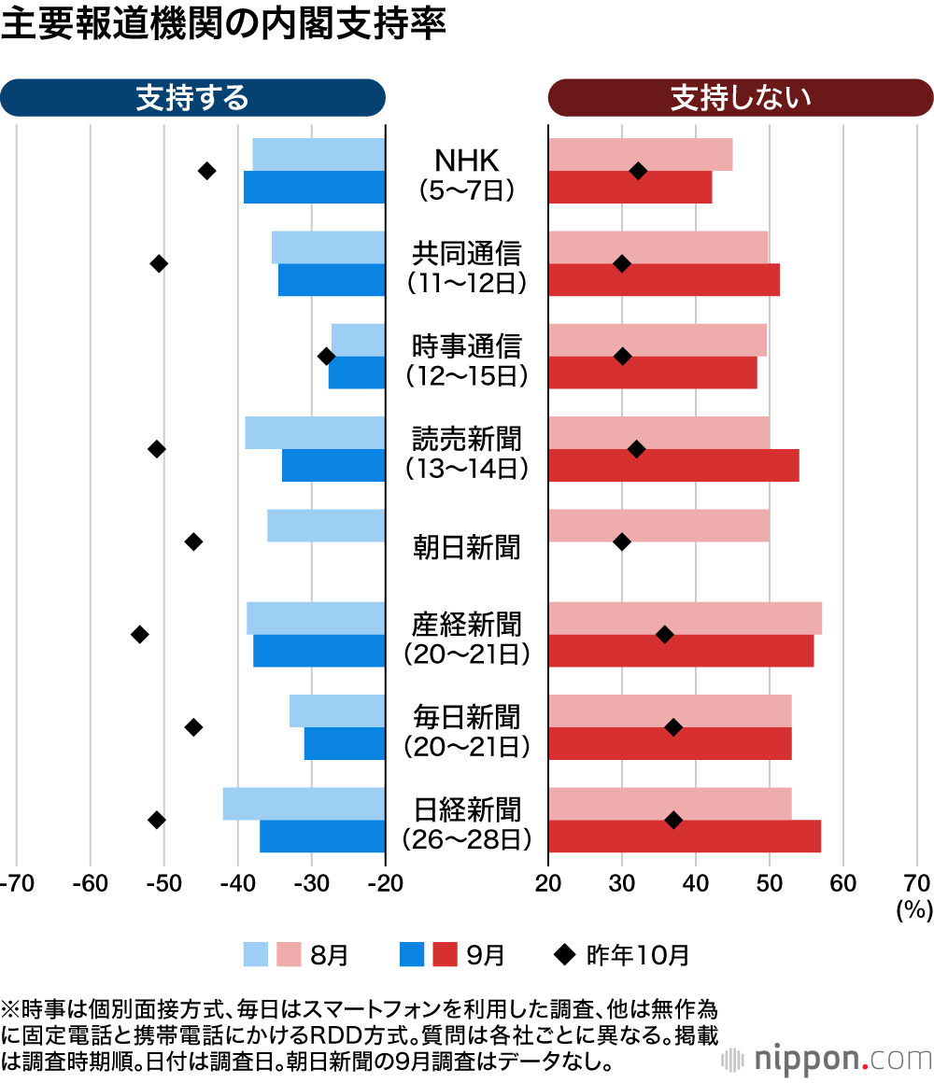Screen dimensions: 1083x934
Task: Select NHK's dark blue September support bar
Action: coord(314,188)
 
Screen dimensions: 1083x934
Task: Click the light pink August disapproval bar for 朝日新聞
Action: coord(658,526)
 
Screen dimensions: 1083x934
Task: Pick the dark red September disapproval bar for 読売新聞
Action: coord(672,466)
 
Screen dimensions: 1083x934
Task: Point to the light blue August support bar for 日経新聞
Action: coord(304,804)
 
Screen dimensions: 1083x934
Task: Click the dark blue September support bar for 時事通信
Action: coord(357,373)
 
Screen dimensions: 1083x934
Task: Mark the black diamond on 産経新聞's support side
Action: coord(140,635)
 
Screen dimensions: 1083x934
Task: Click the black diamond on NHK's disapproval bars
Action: coord(638,171)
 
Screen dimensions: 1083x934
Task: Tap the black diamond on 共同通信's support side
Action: coord(159,264)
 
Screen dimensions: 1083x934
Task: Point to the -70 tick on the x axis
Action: coord(16,883)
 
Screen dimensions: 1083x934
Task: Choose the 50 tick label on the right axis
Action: coord(770,883)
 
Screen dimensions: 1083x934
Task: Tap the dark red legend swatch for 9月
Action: coord(446,954)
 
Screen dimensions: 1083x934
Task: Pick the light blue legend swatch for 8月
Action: coord(256,954)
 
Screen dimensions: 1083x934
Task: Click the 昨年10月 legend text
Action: coord(638,954)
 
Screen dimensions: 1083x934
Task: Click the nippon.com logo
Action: coord(828,1060)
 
